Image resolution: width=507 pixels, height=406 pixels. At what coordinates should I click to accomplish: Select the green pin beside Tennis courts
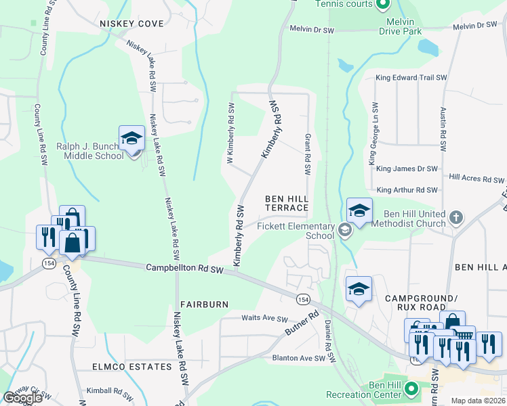383,5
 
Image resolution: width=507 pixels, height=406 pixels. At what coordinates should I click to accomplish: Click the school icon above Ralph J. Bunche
131,139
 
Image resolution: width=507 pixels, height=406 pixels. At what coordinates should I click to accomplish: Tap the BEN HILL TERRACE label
287,203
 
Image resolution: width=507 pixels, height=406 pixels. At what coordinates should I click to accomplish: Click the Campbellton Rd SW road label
184,269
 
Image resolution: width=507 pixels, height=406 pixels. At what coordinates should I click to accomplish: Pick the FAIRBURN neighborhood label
204,304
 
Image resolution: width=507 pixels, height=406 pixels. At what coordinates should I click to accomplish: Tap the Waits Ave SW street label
265,319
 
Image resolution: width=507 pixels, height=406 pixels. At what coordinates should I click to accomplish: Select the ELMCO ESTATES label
132,367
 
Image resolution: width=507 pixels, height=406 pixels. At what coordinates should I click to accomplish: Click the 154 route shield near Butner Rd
302,298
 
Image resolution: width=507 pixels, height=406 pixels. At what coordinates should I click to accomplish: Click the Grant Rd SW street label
307,152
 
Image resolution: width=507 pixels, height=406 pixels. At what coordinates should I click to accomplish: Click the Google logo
22,398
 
